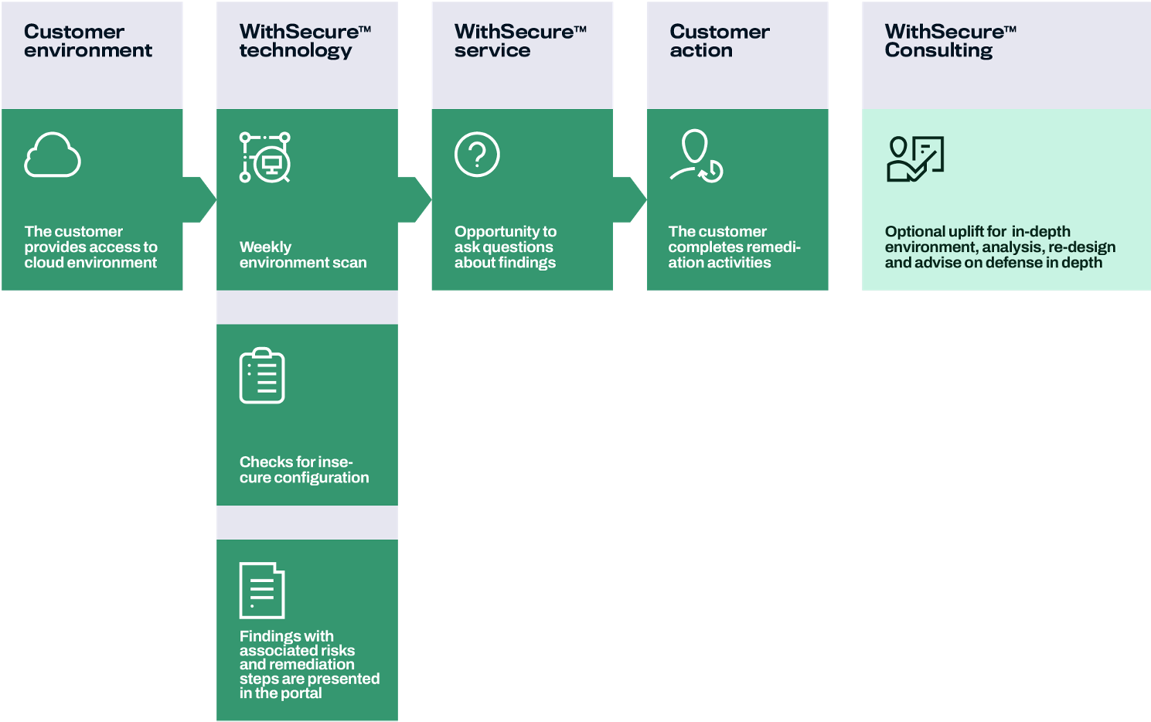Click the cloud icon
pyautogui.click(x=53, y=155)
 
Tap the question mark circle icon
pyautogui.click(x=477, y=155)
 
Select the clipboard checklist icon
pyautogui.click(x=262, y=376)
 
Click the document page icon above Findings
pyautogui.click(x=262, y=590)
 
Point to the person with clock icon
pyautogui.click(x=696, y=156)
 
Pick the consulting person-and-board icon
pyautogui.click(x=915, y=158)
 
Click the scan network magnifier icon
pyautogui.click(x=265, y=158)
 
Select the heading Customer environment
pyautogui.click(x=87, y=41)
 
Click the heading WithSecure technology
pyautogui.click(x=305, y=41)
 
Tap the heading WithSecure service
pyautogui.click(x=519, y=41)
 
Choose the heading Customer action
pyautogui.click(x=719, y=41)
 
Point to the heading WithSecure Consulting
pyautogui.click(x=949, y=41)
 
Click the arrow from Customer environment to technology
pyautogui.click(x=200, y=200)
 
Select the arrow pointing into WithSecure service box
pyautogui.click(x=415, y=200)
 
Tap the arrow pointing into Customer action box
pyautogui.click(x=631, y=200)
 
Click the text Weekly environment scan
pyautogui.click(x=302, y=255)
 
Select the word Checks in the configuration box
pyautogui.click(x=260, y=462)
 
